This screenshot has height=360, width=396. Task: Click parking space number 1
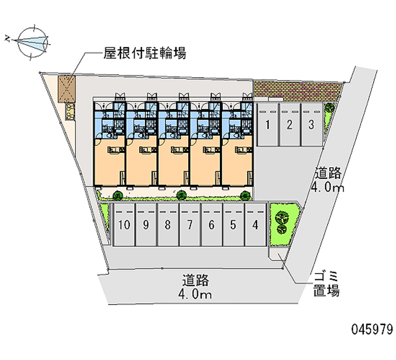[x=267, y=125]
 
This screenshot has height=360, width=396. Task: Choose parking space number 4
[x=255, y=225]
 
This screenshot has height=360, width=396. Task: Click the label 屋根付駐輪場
[x=145, y=53]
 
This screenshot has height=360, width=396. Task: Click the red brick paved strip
[x=297, y=90]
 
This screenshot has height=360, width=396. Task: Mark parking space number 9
[x=146, y=225]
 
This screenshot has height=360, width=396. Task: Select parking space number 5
[x=233, y=225]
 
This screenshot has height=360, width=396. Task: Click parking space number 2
[x=289, y=125]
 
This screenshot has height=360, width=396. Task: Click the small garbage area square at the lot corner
[x=276, y=254]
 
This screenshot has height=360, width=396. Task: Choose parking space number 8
[x=168, y=225]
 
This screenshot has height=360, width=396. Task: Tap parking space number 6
[x=211, y=225]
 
